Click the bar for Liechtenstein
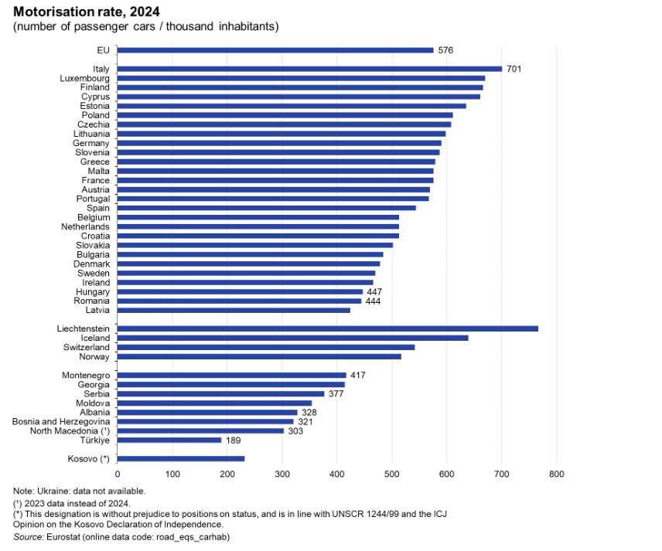(x=327, y=328)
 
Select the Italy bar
(x=309, y=69)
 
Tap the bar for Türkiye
(x=169, y=440)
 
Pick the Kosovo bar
(x=181, y=458)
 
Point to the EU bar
(x=275, y=50)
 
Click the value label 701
(x=514, y=69)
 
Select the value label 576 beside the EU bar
(x=445, y=50)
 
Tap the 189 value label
(x=234, y=440)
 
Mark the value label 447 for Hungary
(x=374, y=291)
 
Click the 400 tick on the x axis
(x=336, y=474)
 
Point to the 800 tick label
(x=556, y=474)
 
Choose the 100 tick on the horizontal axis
(x=172, y=474)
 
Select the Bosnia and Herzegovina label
(x=60, y=421)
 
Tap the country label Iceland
(x=94, y=338)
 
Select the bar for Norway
(x=259, y=356)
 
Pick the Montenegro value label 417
(x=357, y=375)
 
